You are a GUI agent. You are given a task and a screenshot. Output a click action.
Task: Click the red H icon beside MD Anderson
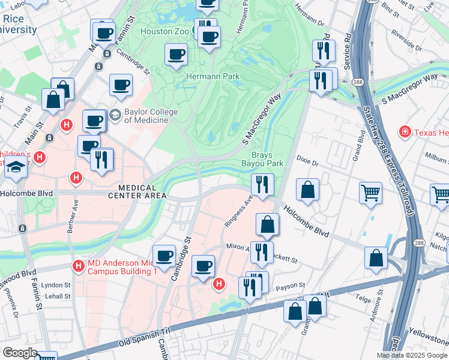pos(78,265)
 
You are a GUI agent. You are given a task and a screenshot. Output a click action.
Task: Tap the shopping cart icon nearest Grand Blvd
pos(370,193)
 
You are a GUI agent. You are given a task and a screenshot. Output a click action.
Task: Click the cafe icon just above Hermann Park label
pos(176,55)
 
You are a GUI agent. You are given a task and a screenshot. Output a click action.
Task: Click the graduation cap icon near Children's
pos(16,167)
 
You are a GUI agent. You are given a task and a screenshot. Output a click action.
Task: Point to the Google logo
pos(19,353)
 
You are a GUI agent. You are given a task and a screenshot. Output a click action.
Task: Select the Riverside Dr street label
pos(405,37)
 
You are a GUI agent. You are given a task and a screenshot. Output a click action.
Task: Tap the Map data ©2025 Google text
pos(411,355)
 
